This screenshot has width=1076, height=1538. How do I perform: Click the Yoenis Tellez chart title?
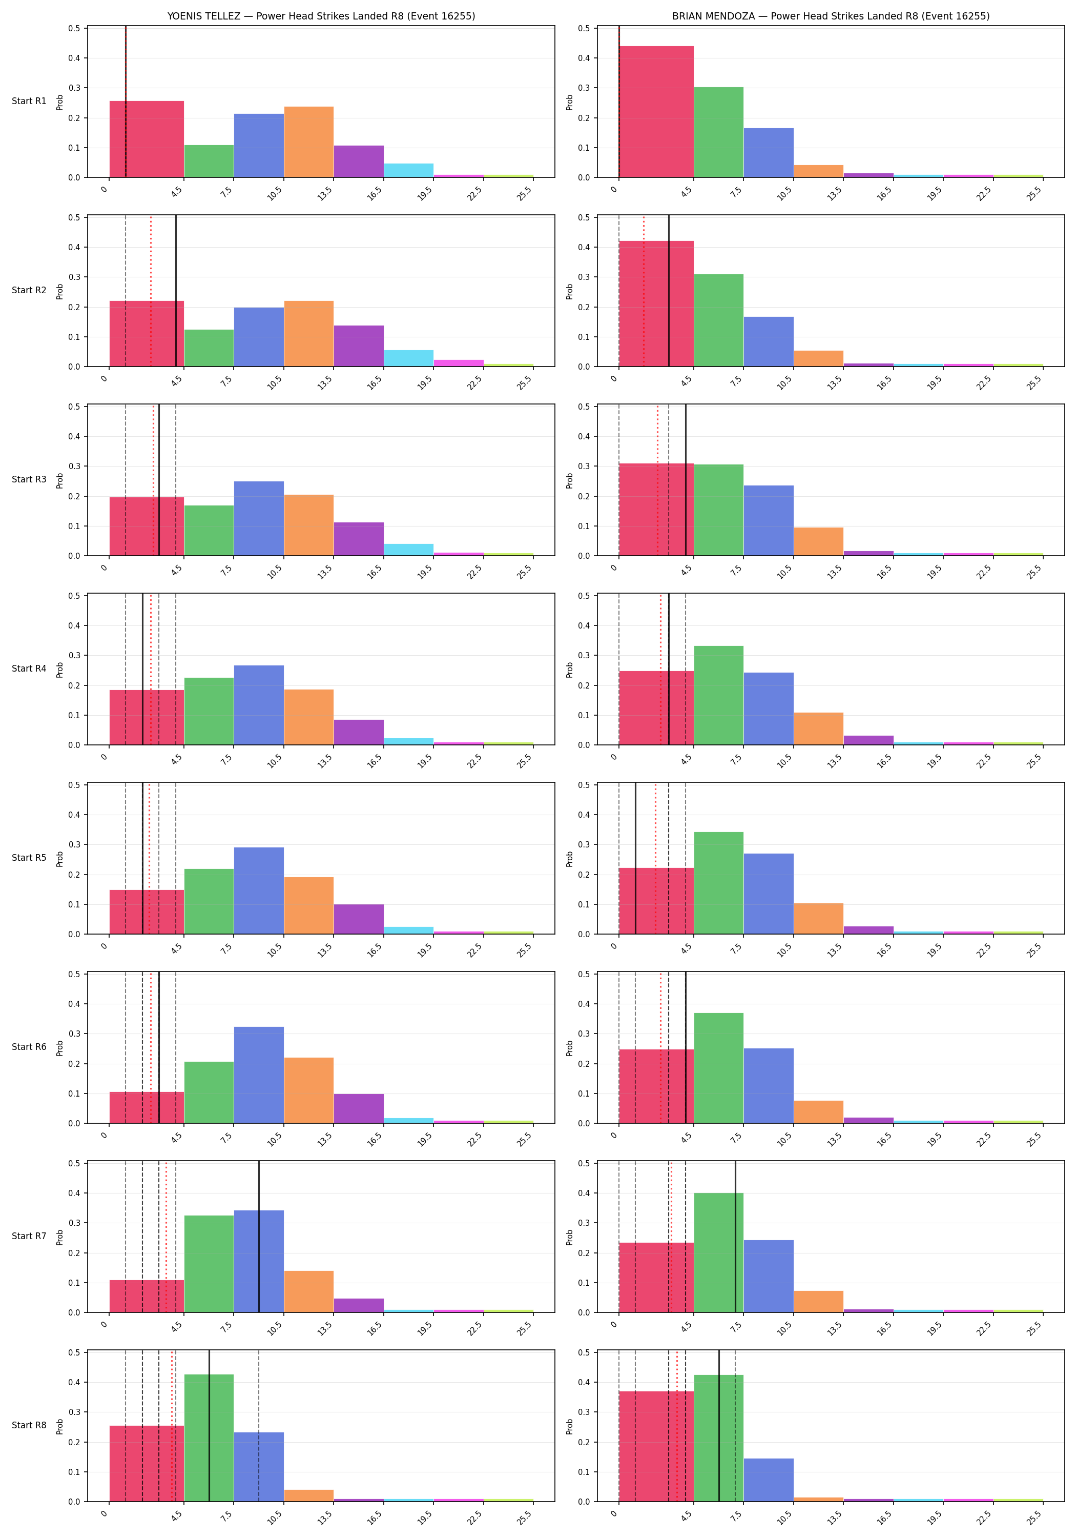pyautogui.click(x=321, y=16)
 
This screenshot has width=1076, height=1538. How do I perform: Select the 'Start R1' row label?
pyautogui.click(x=29, y=101)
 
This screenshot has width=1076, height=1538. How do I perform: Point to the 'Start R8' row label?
pyautogui.click(x=29, y=1425)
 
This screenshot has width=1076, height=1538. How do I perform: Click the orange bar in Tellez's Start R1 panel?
pyautogui.click(x=308, y=142)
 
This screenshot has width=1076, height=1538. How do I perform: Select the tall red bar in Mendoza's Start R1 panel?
pyautogui.click(x=656, y=112)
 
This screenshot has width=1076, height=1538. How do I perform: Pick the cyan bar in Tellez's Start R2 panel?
pyautogui.click(x=408, y=358)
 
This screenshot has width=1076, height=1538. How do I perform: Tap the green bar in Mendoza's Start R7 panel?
pyautogui.click(x=718, y=1252)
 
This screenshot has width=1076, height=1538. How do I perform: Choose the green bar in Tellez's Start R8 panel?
pyautogui.click(x=209, y=1438)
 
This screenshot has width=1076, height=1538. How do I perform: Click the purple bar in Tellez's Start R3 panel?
pyautogui.click(x=359, y=539)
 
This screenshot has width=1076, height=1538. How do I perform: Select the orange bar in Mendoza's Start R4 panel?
pyautogui.click(x=818, y=729)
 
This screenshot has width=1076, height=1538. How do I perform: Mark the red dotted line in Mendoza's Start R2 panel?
pyautogui.click(x=644, y=291)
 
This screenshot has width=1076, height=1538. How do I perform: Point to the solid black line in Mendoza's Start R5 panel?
pyautogui.click(x=635, y=858)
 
